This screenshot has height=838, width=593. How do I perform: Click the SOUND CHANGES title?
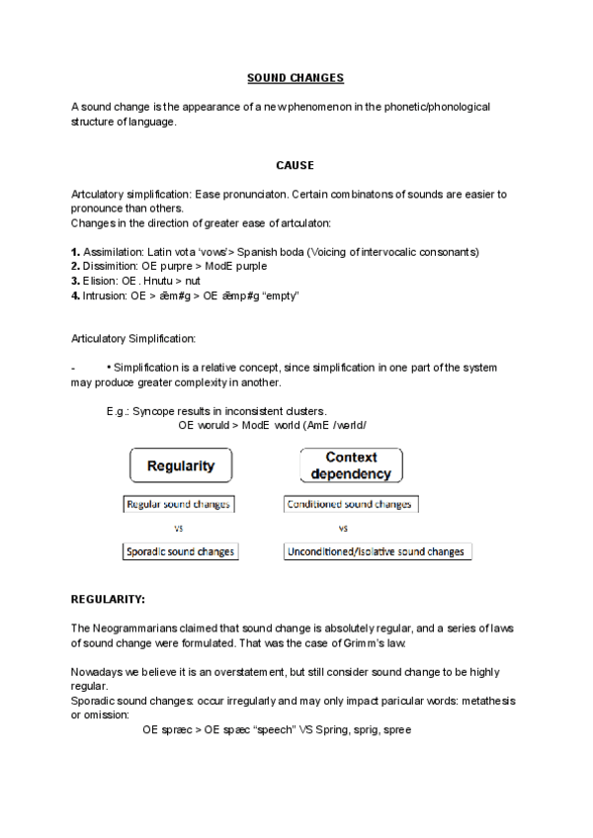[x=295, y=77]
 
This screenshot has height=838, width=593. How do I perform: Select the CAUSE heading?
[x=295, y=165]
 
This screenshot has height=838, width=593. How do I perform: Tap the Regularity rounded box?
[x=181, y=465]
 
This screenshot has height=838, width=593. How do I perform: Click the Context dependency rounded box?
[x=351, y=465]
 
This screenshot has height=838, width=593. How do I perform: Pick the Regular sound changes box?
[x=178, y=504]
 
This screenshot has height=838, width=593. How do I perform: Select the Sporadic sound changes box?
[x=181, y=551]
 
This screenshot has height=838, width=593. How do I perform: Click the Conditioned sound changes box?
[x=350, y=504]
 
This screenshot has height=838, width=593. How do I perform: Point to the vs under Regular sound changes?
[x=179, y=528]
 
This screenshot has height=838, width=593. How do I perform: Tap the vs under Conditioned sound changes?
[x=343, y=528]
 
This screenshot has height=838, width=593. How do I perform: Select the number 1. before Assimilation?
[x=76, y=252]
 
